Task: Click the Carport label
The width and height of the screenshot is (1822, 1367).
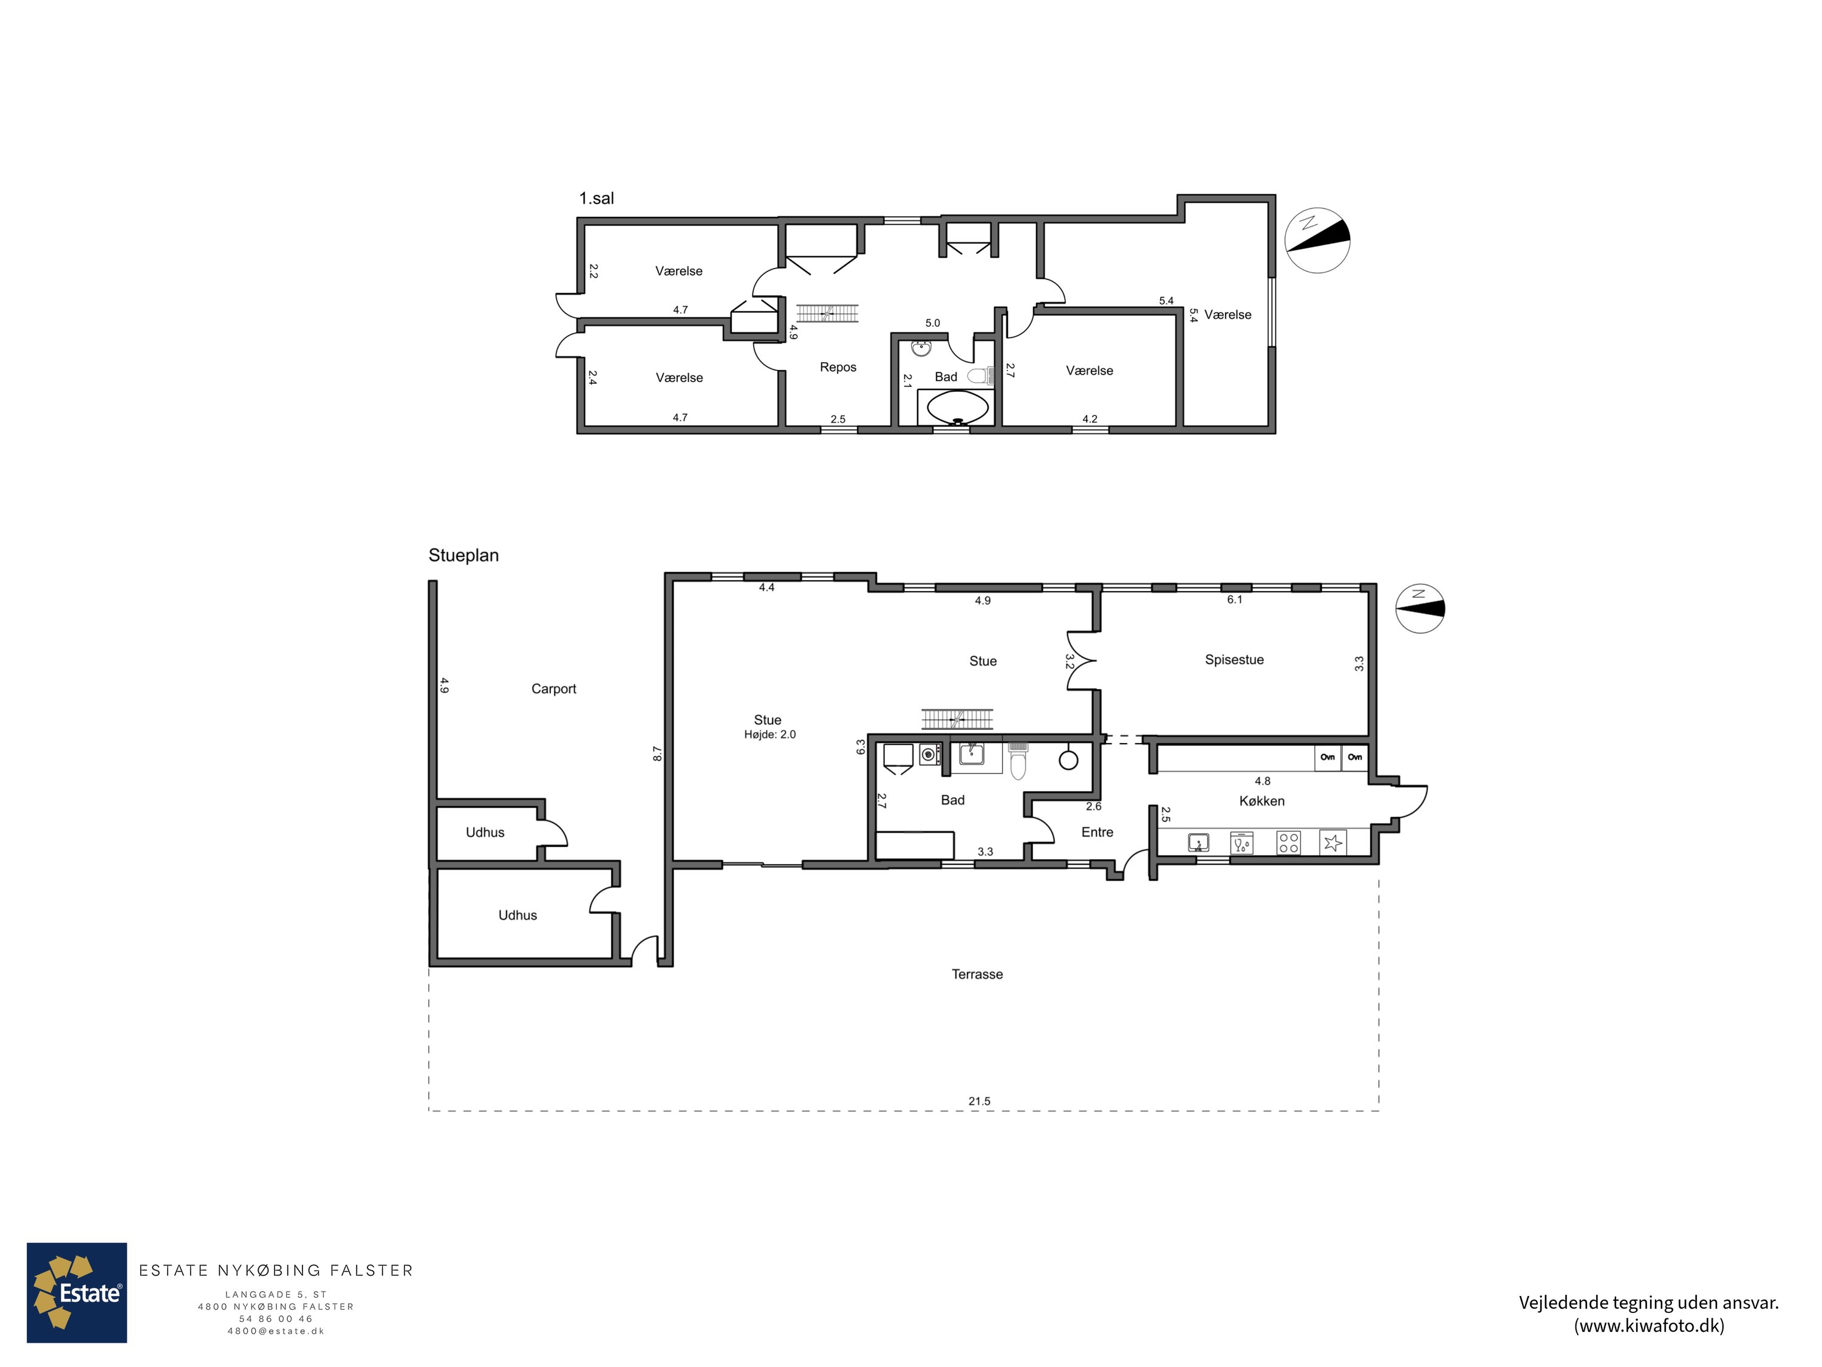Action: click(x=553, y=689)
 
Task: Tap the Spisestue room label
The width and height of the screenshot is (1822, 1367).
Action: click(x=1234, y=660)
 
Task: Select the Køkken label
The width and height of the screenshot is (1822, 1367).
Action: click(x=1262, y=801)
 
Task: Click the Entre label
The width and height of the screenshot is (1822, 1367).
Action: click(x=1097, y=832)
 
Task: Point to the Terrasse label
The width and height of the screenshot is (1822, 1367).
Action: click(x=978, y=974)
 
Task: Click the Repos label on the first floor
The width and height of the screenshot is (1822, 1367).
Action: click(x=838, y=368)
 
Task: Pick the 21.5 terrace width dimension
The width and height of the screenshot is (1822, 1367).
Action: click(x=980, y=1101)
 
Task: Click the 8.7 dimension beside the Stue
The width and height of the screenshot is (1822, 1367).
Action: click(x=657, y=753)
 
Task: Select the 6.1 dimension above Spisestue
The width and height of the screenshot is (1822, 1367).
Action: click(x=1235, y=600)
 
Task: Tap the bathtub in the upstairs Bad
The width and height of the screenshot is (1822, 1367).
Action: click(x=957, y=407)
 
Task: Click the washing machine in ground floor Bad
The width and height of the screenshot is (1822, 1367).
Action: click(x=930, y=755)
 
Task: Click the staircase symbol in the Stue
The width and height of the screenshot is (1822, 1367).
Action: click(x=957, y=719)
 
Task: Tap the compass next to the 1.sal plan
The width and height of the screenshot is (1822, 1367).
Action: click(x=1317, y=240)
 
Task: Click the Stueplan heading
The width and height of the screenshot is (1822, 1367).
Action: click(x=464, y=555)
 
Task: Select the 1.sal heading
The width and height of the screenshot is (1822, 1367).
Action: click(x=596, y=199)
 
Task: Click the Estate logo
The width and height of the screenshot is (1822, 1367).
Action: click(x=77, y=1293)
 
